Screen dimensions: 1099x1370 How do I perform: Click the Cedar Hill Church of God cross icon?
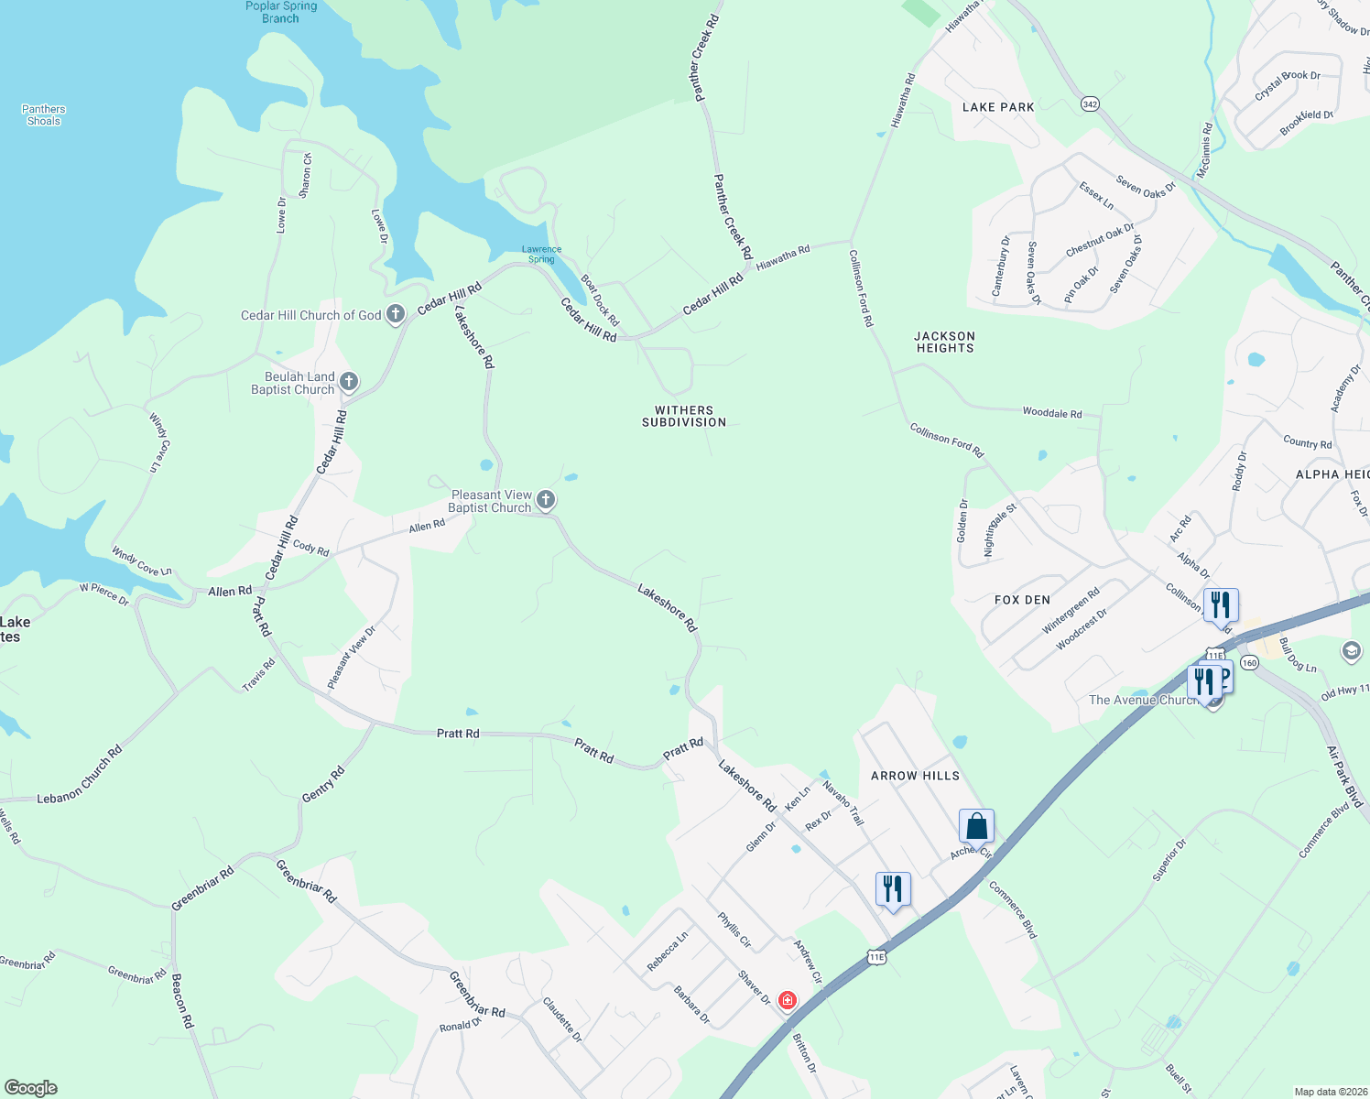[396, 315]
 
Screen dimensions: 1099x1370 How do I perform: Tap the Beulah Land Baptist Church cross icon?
[349, 382]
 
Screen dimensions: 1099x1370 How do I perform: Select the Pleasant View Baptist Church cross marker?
[546, 500]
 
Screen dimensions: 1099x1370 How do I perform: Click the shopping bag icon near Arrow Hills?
[976, 826]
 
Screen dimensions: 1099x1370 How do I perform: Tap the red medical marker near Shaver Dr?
[787, 1000]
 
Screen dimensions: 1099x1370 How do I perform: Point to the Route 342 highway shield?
[1090, 104]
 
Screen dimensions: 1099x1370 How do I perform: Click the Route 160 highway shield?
[1249, 662]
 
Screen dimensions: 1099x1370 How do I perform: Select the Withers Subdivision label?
[684, 417]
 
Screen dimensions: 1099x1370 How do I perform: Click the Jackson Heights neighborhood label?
[944, 342]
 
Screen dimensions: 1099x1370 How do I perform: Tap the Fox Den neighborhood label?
[1022, 600]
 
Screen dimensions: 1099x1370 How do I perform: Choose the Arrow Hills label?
[915, 776]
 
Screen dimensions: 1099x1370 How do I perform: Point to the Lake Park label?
[998, 107]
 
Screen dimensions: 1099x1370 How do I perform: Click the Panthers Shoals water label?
[44, 114]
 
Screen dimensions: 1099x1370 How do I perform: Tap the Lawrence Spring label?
[541, 254]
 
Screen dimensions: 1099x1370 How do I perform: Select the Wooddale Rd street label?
[1051, 413]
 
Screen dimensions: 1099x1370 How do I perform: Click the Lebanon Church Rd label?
[80, 776]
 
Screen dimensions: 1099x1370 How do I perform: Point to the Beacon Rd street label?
[183, 999]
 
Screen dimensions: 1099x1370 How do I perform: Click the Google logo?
[31, 1088]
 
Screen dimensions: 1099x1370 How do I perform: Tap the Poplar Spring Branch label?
[281, 12]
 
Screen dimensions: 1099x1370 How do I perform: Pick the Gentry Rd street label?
[323, 785]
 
